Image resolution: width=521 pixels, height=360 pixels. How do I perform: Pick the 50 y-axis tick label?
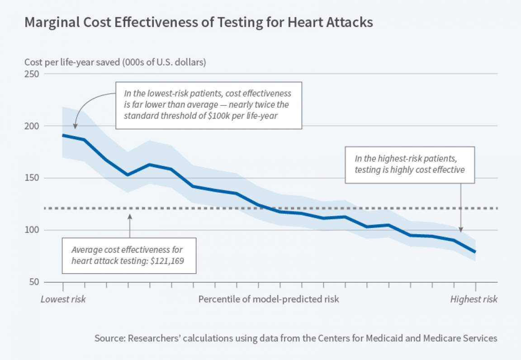(x=34, y=282)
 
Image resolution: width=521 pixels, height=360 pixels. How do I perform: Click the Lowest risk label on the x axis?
(x=63, y=299)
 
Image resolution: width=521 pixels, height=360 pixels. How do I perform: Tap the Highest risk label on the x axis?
(x=474, y=299)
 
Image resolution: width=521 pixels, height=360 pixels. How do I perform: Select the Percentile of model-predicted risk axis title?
(x=269, y=299)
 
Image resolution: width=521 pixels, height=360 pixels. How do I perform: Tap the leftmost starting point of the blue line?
(x=63, y=135)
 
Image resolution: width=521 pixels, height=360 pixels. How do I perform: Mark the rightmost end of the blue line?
(x=475, y=252)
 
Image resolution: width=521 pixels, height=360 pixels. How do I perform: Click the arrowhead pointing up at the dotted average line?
(x=130, y=216)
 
